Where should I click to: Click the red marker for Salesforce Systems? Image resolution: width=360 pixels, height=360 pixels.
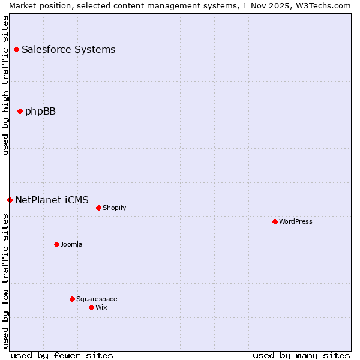pos(16,49)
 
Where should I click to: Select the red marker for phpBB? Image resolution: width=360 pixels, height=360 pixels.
pos(20,111)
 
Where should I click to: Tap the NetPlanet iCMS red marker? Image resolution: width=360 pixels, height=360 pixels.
pos(10,200)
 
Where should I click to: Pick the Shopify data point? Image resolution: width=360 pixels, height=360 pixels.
pos(98,208)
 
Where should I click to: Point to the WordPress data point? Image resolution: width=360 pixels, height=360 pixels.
pos(275,221)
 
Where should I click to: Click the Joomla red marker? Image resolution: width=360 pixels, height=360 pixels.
pos(56,244)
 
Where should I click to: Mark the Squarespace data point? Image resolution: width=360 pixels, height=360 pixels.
pos(72,299)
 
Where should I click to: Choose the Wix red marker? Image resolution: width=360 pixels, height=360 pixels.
pos(91,307)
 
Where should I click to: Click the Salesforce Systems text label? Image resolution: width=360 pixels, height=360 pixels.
pos(68,49)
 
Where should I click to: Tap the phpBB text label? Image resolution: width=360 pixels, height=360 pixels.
pos(40,111)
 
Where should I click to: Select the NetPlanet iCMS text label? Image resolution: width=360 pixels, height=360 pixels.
pos(52,200)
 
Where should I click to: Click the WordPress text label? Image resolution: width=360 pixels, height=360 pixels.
pos(296,221)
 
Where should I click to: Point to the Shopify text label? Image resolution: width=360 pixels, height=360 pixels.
pos(114,208)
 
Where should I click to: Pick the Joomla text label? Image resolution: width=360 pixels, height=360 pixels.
pos(71,244)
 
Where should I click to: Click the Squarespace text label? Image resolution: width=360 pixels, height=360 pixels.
pos(97,299)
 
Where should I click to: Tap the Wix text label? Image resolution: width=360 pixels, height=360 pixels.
pos(101,307)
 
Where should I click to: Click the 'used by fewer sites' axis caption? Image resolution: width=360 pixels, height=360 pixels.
pos(62,355)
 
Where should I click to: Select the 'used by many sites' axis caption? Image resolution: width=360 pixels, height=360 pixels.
pos(301,355)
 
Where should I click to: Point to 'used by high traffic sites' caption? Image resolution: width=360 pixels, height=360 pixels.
pos(5,85)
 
